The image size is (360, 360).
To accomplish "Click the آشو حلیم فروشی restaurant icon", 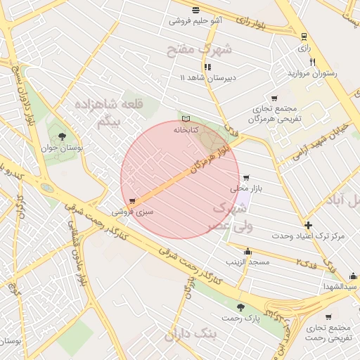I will (x=195, y=10).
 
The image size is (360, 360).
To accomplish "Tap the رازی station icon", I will (x=304, y=37).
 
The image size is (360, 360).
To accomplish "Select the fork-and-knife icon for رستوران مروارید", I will (x=312, y=62).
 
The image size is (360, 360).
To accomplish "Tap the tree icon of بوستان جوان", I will (x=63, y=136).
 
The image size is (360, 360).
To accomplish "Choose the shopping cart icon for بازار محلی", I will (x=245, y=178).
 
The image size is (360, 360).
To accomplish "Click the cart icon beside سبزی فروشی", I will (x=132, y=201).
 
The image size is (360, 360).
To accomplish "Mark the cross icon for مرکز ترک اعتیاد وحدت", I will (x=308, y=225).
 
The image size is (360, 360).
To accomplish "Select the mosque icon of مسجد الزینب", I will (x=247, y=251).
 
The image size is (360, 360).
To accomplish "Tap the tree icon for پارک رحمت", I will (x=241, y=307).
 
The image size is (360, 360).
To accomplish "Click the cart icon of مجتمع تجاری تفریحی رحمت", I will (x=328, y=316).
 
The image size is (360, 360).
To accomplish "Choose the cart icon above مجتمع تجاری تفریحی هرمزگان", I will (x=274, y=98).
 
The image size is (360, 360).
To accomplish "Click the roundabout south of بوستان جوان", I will (x=46, y=188).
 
